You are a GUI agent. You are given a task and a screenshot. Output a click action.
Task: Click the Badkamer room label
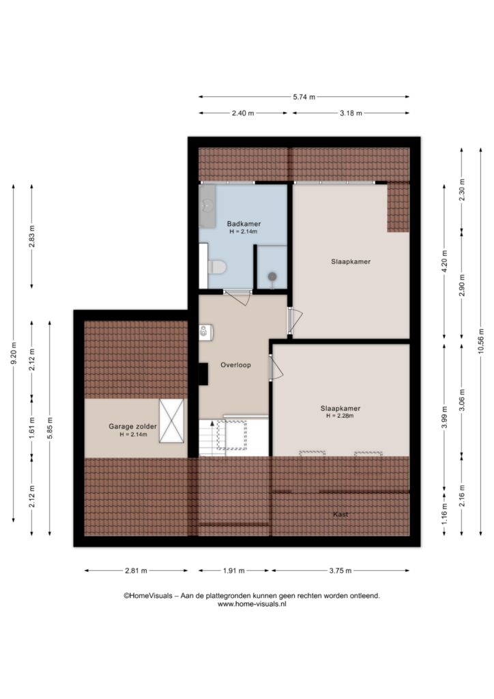tap(244, 224)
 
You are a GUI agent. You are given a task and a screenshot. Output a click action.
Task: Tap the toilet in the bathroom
tap(217, 268)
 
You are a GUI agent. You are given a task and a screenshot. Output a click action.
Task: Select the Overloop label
tap(235, 365)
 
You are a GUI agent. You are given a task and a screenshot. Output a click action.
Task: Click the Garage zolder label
tap(133, 426)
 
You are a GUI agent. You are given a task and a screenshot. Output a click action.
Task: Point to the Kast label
tap(340, 514)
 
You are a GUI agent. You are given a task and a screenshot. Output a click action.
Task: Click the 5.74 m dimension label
tap(304, 97)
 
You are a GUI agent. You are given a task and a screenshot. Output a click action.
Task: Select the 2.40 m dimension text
tap(243, 113)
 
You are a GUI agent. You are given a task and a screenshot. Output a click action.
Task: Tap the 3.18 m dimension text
tap(351, 113)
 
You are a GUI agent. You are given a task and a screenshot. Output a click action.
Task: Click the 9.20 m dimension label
tap(14, 353)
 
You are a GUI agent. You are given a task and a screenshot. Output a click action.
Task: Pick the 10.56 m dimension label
tap(480, 341)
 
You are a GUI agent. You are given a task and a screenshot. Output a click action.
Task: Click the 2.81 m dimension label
tap(136, 571)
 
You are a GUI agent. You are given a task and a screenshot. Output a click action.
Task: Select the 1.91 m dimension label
tap(233, 571)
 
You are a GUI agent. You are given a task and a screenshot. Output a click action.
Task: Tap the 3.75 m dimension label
tap(340, 571)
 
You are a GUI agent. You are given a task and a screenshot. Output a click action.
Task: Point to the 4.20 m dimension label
tap(444, 261)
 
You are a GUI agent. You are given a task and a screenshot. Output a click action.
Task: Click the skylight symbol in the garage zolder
tap(171, 420)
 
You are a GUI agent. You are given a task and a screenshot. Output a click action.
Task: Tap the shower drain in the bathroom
tap(272, 277)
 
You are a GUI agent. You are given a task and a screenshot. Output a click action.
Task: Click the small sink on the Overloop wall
tap(205, 332)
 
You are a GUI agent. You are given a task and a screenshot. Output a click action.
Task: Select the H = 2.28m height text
tap(340, 416)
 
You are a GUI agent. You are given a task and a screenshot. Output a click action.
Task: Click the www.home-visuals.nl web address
tap(252, 604)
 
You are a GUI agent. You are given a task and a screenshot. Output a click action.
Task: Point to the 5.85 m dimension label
tap(50, 428)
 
